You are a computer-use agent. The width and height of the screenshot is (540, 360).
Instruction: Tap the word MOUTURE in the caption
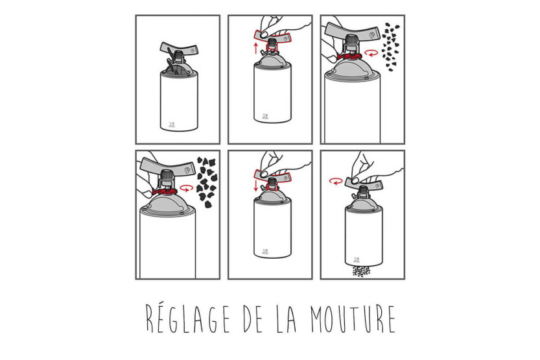click(353, 318)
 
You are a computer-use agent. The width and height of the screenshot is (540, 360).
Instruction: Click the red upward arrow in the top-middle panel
click(255, 48)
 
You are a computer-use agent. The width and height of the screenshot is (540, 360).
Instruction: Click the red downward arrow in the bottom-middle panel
click(255, 186)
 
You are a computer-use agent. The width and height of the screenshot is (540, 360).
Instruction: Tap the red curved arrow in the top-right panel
click(371, 53)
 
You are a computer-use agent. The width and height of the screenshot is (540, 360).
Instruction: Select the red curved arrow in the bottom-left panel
click(186, 187)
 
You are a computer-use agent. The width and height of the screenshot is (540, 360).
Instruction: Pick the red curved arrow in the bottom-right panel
click(336, 181)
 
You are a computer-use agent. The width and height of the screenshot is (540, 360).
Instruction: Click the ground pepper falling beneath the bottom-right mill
click(361, 271)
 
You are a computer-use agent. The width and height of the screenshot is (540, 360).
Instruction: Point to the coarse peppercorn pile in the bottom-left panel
click(207, 182)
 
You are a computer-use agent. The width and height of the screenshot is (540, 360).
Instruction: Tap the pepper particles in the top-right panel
click(390, 47)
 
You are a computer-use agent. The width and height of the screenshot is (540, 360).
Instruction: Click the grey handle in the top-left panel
click(180, 49)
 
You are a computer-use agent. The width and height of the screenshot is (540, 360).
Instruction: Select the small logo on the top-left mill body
click(172, 125)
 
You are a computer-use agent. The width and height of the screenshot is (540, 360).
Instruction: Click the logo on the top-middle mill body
click(265, 117)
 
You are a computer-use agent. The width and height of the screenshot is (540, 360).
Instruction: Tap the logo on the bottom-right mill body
click(357, 259)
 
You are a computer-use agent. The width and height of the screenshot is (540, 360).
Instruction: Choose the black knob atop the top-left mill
click(179, 55)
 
